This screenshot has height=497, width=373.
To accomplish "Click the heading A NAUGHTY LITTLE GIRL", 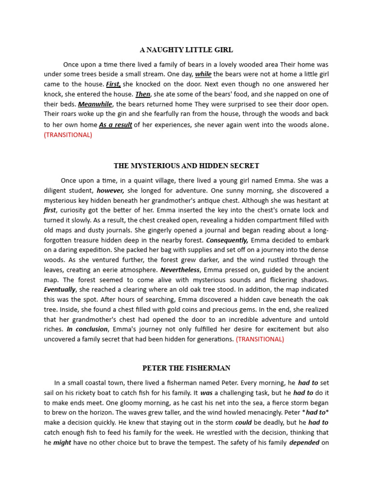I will coord(186,50).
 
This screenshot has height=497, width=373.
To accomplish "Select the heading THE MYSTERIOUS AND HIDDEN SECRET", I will coord(186,166).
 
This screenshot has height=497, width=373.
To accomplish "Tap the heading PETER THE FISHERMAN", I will coord(186,368).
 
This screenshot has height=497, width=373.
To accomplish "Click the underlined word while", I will coord(203,74).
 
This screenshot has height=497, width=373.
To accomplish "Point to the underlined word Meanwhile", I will coord(95,104).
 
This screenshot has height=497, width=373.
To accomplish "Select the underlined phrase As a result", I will coord(116,125).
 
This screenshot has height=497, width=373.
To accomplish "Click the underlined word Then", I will coord(143,94).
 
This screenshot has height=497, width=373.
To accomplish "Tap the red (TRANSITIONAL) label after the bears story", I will coord(68,135).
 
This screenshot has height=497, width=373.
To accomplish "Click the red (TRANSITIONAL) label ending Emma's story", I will coord(260,339).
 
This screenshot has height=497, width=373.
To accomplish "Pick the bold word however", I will coord(111,190).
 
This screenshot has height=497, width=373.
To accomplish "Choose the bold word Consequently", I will coord(227,240).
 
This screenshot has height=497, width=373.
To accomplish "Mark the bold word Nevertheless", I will coord(180,270).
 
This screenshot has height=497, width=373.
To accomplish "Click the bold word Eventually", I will coord(60,290).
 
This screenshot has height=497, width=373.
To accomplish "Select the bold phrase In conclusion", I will coord(87,329).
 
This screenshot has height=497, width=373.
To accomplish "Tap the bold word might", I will coord(62,443).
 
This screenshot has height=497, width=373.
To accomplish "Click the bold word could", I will coord(243,423).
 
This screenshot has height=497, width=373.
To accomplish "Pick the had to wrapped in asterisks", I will coord(315,413).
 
